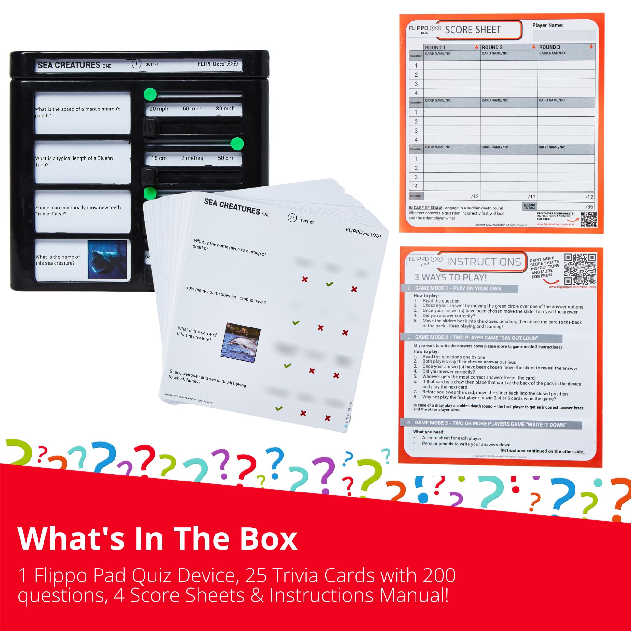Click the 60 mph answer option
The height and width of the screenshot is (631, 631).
192,109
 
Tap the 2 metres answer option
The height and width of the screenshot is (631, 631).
192,158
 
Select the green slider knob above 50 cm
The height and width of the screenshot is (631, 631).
237,144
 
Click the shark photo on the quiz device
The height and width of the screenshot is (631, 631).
107,260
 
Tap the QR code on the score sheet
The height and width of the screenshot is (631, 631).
588,220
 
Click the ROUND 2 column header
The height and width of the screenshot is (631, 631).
492,47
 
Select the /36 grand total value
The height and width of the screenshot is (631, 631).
589,207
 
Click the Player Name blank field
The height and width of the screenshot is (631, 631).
563,35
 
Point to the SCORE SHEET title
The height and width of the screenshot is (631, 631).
473,30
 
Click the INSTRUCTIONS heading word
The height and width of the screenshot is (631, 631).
483,262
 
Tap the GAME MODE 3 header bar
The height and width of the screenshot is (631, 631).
491,424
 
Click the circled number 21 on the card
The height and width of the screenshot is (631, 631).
292,218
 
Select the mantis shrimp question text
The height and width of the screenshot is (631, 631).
78,112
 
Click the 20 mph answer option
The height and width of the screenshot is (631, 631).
159,109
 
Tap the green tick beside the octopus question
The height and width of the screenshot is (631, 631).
296,323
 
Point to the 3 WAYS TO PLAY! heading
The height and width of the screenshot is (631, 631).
450,278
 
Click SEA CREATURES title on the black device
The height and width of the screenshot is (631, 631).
69,65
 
